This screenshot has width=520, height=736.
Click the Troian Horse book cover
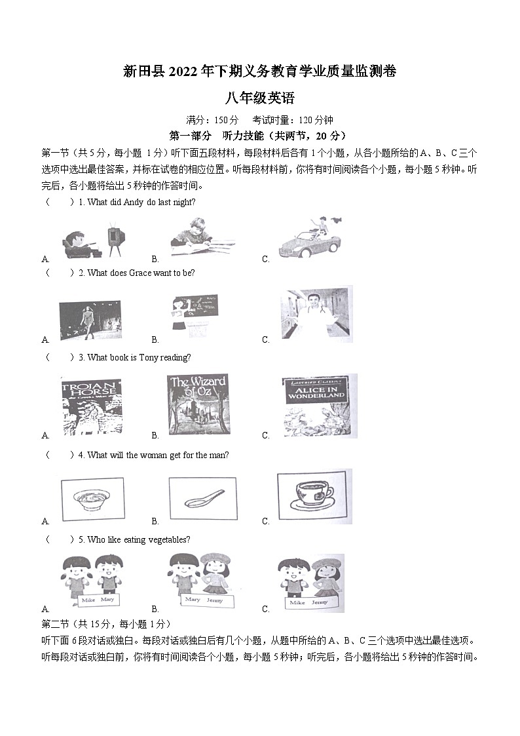tap(90, 406)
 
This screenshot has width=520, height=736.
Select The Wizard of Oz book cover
tap(198, 405)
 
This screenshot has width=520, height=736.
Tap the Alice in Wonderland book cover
tap(314, 406)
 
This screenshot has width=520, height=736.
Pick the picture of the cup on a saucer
tap(314, 496)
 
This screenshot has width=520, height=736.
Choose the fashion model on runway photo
tap(90, 320)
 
